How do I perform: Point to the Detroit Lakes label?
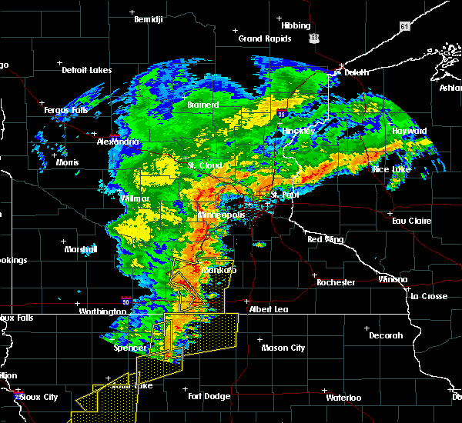87,70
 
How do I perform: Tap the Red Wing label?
325,239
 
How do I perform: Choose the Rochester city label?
336,282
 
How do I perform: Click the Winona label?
393,279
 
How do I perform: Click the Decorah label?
386,335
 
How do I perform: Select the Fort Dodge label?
209,396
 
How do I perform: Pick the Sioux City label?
38,397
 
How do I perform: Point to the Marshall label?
81,249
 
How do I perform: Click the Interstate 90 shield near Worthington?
125,301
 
